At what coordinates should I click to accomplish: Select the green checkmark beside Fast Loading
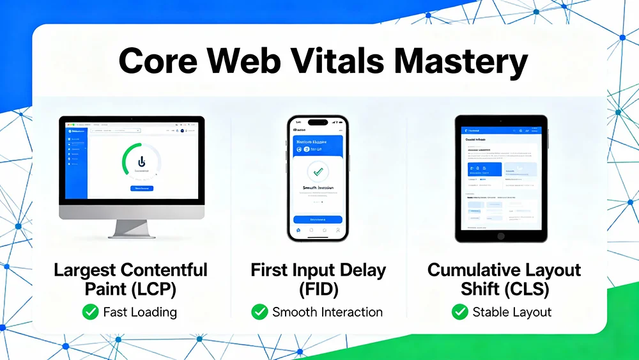pos(90,312)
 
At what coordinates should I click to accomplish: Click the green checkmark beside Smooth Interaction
pos(259,312)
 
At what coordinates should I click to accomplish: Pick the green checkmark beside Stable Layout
pos(459,312)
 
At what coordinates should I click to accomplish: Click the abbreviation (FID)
pos(318,289)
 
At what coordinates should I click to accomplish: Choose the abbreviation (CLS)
pos(523,289)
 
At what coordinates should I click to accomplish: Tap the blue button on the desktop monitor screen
pos(141,189)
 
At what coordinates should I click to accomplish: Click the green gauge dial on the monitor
pos(141,163)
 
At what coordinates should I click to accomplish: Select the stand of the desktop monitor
pos(131,228)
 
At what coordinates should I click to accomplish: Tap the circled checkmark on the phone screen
pos(318,171)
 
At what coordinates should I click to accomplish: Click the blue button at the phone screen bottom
pos(318,219)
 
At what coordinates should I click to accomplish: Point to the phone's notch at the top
pos(318,122)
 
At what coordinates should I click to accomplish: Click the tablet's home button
pos(501,236)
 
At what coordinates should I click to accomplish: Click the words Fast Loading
pos(140,312)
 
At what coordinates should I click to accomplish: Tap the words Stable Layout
pos(511,312)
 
